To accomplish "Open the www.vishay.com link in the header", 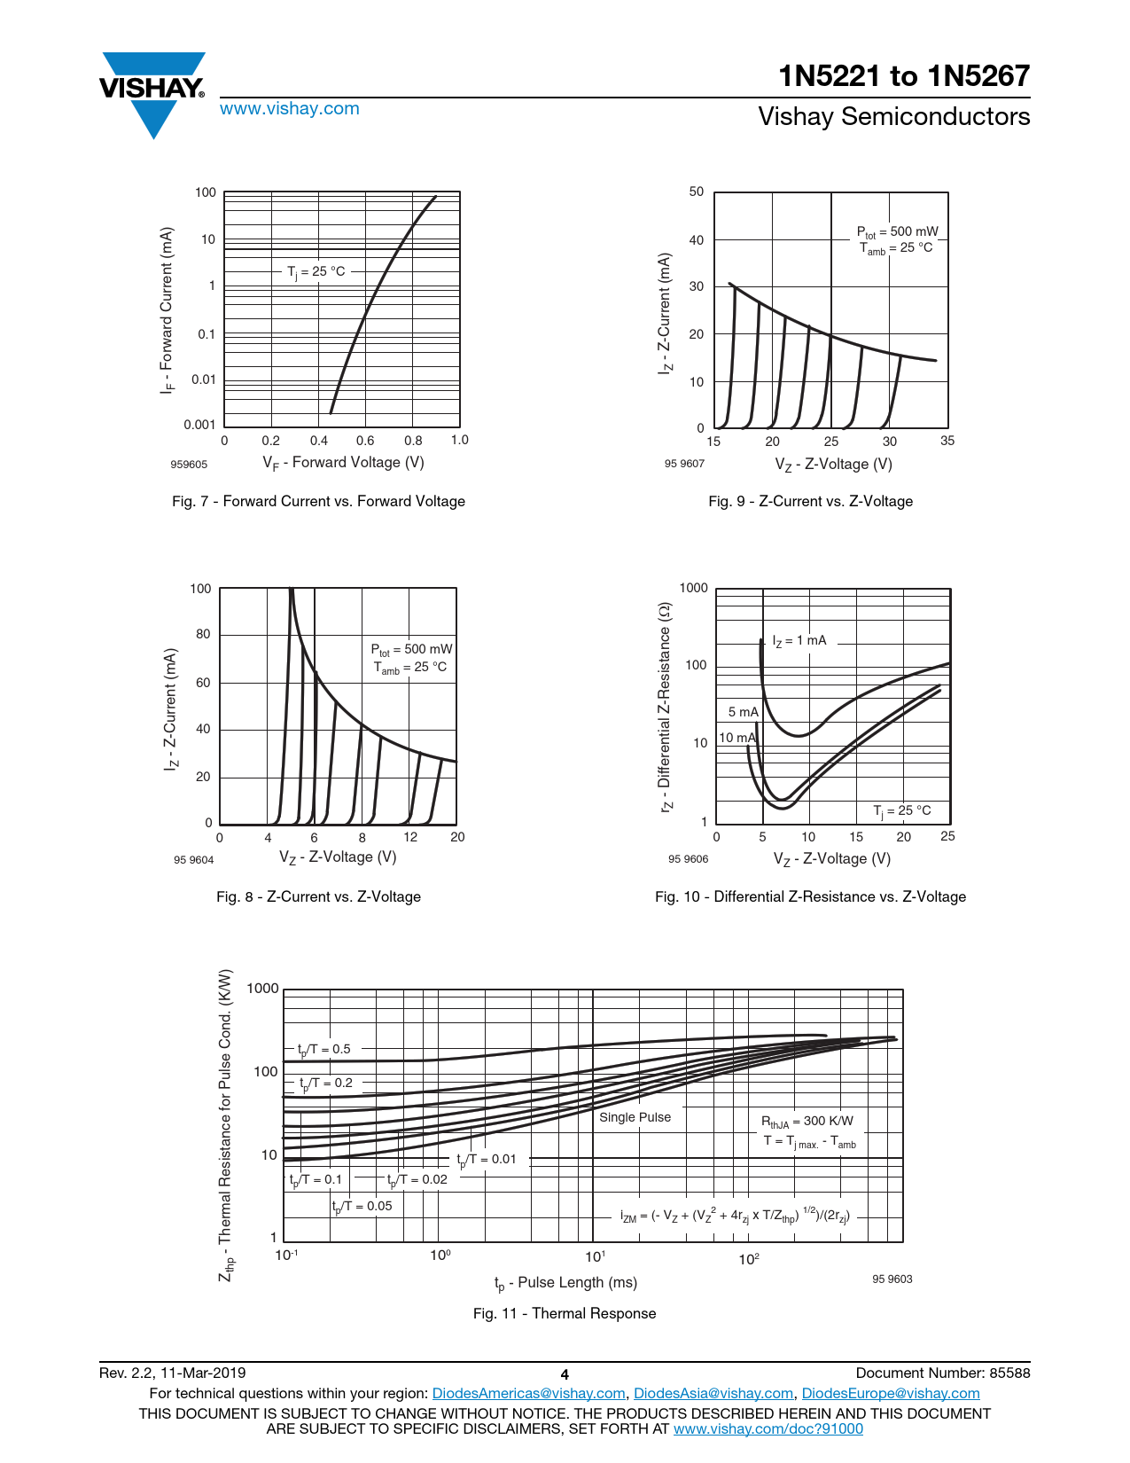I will pyautogui.click(x=290, y=109).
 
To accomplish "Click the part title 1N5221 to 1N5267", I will pyautogui.click(x=904, y=77).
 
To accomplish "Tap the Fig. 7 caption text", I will pyautogui.click(x=318, y=502).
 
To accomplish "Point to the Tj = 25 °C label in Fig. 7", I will pyautogui.click(x=316, y=271).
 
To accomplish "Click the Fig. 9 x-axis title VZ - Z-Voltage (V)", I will pyautogui.click(x=833, y=465).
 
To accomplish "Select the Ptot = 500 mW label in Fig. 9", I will pyautogui.click(x=896, y=232).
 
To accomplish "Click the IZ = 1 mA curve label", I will pyautogui.click(x=799, y=641).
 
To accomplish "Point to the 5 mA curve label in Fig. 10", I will pyautogui.click(x=743, y=712).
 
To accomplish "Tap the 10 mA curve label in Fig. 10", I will pyautogui.click(x=736, y=738).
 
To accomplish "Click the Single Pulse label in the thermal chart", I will pyautogui.click(x=635, y=1117).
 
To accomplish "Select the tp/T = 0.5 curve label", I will pyautogui.click(x=324, y=1050).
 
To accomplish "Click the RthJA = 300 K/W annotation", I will pyautogui.click(x=807, y=1122).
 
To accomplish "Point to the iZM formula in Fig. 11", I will pyautogui.click(x=735, y=1216).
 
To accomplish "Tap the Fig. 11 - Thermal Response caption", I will pyautogui.click(x=565, y=1314).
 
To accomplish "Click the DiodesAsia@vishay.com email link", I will pyautogui.click(x=713, y=1394).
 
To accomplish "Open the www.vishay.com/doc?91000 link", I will pyautogui.click(x=768, y=1429).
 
